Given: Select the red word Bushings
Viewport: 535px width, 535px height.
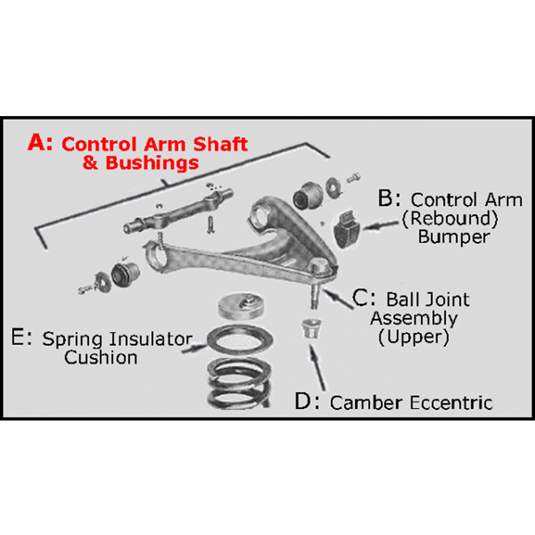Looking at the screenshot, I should click(x=152, y=163).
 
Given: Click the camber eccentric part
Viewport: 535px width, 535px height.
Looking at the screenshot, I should click(x=309, y=327).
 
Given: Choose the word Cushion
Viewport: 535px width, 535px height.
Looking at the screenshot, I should click(x=101, y=357).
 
